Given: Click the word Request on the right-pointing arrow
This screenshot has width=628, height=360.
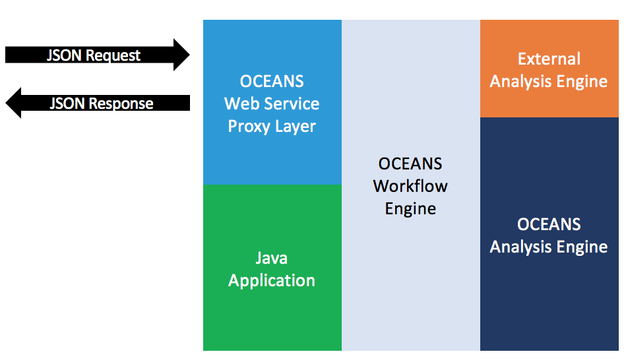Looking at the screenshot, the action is pos(113,55).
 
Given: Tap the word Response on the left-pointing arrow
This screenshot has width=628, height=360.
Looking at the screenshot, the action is pos(121,104).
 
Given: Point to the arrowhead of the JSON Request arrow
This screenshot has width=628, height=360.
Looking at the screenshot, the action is pos(181,55).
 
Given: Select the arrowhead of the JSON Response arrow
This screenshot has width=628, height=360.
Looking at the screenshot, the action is pos(13,103).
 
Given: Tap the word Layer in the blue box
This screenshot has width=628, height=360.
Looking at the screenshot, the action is pos(295,127).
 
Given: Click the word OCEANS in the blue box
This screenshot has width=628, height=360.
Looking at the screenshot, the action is pos(272,81).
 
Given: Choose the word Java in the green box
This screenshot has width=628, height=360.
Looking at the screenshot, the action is pos(272,258).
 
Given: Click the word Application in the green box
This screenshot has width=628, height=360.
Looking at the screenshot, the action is pos(272,281).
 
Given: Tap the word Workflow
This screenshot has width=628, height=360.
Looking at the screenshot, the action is pos(410,186).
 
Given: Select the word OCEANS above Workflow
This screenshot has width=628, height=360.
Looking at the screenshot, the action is pos(410,164).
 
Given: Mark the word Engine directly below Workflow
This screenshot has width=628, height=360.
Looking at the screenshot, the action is pos(410,209).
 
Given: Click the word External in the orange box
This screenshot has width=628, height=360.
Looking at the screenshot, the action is pos(549,59).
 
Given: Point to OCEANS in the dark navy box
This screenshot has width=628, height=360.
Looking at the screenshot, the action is pos(549,224).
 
